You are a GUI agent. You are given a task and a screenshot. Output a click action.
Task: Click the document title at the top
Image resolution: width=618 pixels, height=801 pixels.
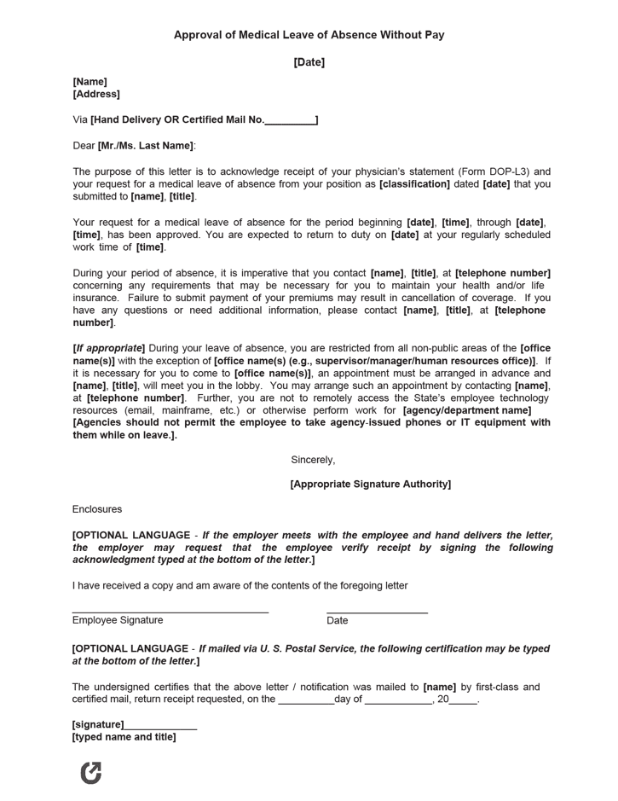309,35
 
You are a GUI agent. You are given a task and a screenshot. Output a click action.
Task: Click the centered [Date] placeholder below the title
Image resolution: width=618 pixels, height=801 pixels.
309,62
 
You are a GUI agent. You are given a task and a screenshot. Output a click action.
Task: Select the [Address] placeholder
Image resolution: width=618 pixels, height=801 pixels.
96,95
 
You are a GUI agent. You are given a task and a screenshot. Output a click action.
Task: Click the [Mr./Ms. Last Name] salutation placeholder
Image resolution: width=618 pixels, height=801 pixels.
146,146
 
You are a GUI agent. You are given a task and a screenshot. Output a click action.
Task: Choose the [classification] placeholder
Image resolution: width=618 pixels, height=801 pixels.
414,184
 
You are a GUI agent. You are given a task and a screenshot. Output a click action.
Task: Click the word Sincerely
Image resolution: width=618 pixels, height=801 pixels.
313,460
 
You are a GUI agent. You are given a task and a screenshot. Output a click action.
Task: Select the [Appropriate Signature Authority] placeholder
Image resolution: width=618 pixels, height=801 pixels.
370,485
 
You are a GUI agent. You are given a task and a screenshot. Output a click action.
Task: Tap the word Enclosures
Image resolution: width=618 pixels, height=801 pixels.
97,509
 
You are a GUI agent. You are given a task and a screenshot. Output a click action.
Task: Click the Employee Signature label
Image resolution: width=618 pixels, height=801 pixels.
118,620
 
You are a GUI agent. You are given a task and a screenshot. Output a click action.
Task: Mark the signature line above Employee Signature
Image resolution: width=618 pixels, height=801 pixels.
170,612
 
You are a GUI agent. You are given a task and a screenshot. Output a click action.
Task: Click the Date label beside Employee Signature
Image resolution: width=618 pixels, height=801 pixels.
338,621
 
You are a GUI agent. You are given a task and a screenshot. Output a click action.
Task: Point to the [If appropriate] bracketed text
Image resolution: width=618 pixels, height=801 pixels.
109,348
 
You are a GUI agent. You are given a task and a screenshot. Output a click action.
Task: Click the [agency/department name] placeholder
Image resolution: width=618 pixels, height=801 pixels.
467,410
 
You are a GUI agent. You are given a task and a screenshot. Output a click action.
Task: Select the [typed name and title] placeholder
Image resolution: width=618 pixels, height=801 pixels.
124,737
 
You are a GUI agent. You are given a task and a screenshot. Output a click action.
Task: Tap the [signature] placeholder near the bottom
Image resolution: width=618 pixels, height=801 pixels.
98,725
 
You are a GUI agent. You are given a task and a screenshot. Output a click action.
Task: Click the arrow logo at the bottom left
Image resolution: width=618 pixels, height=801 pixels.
90,772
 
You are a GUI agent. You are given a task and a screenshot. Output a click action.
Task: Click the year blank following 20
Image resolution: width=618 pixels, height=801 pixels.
464,699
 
